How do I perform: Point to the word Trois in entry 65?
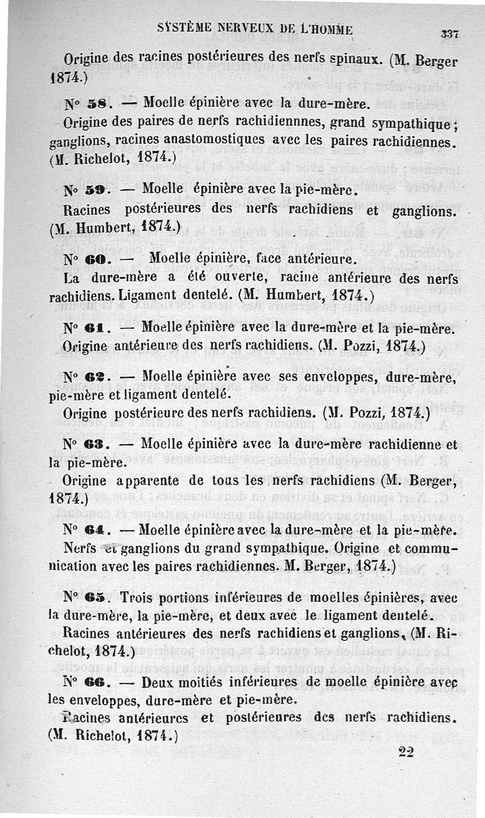(x=139, y=597)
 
